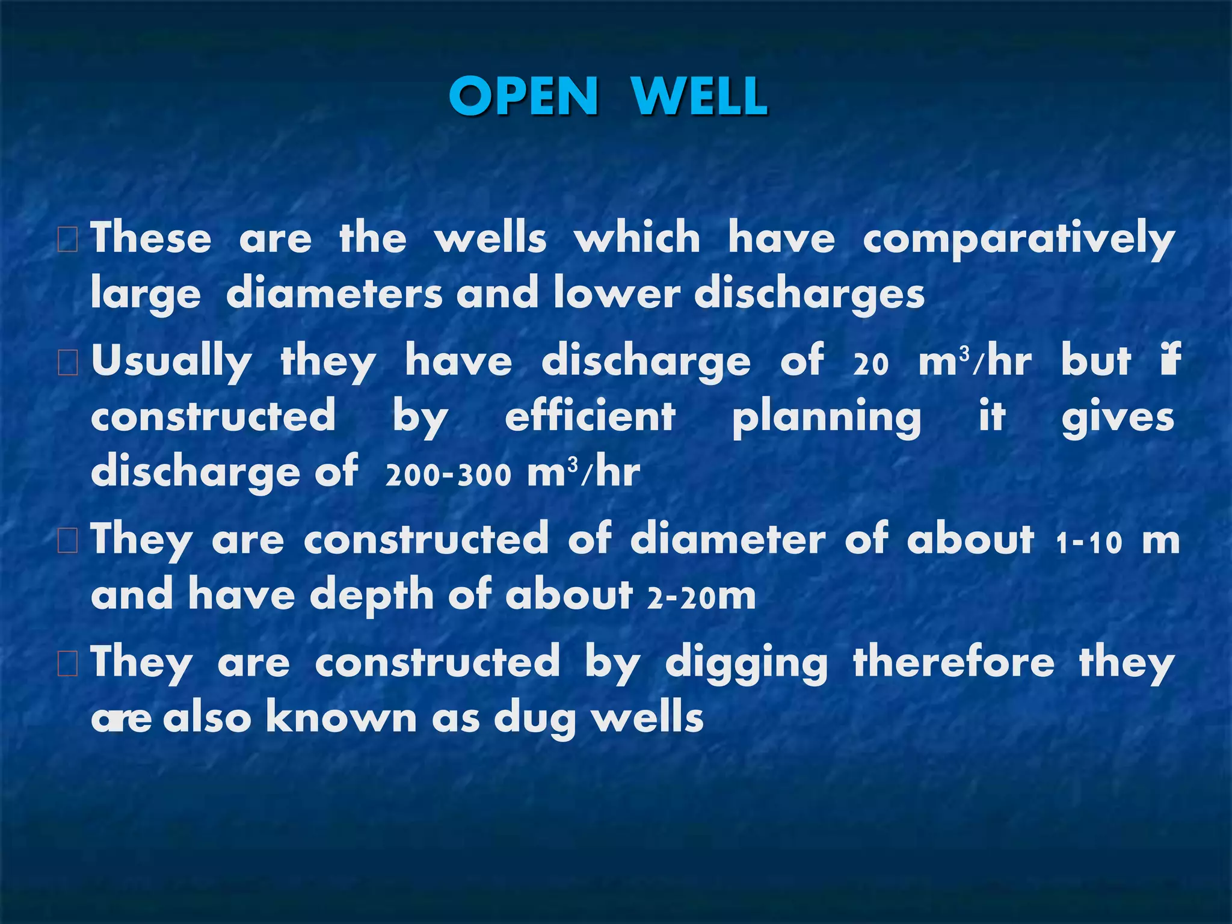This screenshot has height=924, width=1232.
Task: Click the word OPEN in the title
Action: pos(523,96)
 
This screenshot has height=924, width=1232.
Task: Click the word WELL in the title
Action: pos(700,96)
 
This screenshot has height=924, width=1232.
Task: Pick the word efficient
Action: pos(590,417)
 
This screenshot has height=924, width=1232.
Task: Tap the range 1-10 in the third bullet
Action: pos(1089,541)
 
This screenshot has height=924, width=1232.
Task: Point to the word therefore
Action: pos(953,662)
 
